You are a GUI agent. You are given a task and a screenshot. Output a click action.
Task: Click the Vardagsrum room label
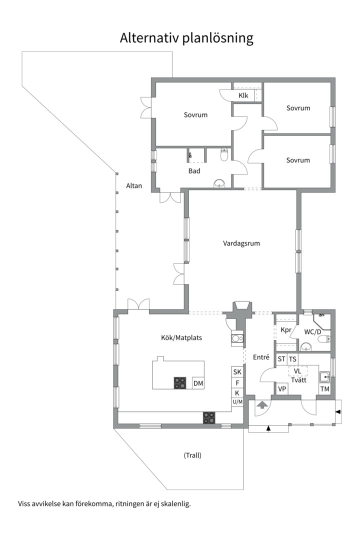(x=241, y=243)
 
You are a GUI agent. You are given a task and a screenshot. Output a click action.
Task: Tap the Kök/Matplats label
(x=181, y=337)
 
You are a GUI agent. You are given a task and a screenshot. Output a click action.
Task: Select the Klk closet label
(x=243, y=95)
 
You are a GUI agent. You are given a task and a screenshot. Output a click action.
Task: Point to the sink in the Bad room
(x=219, y=183)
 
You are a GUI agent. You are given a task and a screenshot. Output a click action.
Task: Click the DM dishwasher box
(x=198, y=383)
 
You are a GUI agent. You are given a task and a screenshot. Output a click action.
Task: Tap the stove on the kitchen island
(x=179, y=383)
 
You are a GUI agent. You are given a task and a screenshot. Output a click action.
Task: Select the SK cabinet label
(x=237, y=372)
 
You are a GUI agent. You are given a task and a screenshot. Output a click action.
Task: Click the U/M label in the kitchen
(x=237, y=402)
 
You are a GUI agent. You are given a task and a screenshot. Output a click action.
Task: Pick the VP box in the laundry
(x=282, y=389)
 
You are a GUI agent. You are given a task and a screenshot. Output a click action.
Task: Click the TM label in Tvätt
(x=324, y=389)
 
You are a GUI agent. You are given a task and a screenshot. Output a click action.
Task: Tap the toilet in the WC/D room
(x=324, y=339)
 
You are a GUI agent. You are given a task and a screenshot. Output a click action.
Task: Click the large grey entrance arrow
(x=262, y=404)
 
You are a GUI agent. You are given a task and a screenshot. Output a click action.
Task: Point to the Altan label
(x=133, y=185)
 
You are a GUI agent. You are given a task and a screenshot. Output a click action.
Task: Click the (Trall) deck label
(x=192, y=455)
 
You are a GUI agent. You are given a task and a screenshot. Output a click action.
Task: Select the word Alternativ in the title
(x=149, y=38)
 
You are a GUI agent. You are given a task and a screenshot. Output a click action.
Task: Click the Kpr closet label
(x=286, y=330)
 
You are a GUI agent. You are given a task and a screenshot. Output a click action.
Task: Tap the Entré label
(x=261, y=357)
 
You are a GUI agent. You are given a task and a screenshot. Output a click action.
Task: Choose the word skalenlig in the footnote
(x=175, y=504)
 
